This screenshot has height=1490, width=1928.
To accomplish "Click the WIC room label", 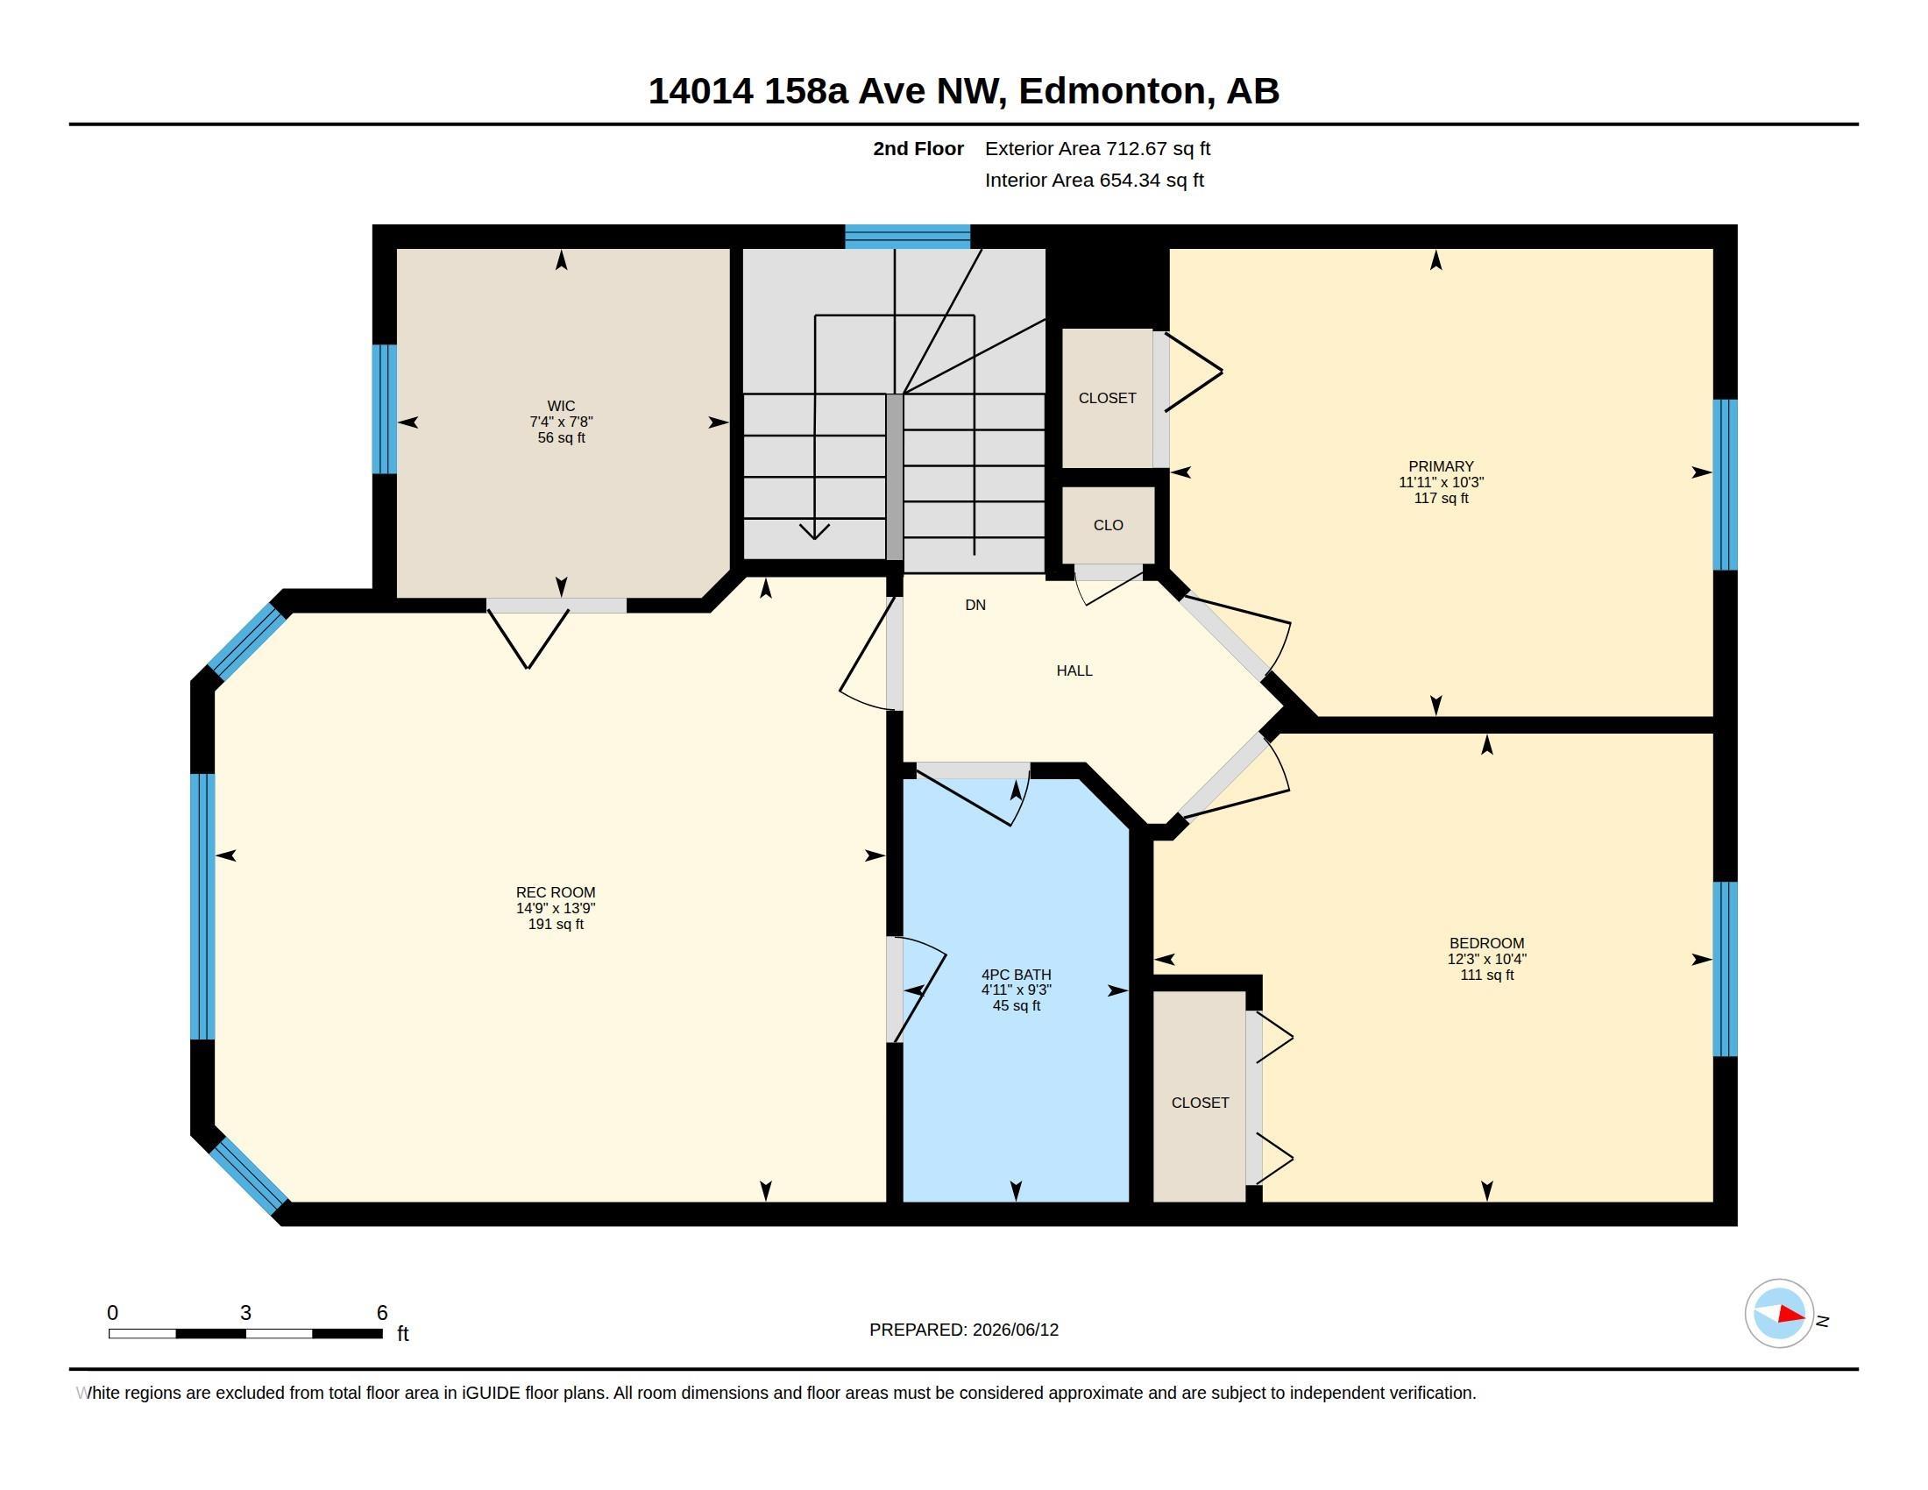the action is coord(562,406).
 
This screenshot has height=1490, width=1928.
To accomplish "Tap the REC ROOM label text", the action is coord(556,892).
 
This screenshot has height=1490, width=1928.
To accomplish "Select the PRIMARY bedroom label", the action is coord(1441,466).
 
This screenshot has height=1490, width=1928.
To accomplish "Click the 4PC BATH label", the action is coord(1016,975).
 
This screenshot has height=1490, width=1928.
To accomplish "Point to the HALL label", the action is coord(1074,670).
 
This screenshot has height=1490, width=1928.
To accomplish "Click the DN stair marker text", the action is coord(975,605).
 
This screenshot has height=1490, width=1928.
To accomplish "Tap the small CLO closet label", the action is coord(1108,525).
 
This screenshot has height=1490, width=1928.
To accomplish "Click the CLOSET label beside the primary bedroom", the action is coord(1107,398).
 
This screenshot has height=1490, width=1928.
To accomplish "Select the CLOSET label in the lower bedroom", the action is coord(1200,1103).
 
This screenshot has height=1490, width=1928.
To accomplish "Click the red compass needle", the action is coord(1791,1315).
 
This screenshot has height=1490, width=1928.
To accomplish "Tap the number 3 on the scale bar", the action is coord(245,1313).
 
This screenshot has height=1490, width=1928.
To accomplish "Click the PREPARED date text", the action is coord(964,1330).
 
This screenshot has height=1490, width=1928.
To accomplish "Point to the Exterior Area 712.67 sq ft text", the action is coord(1097,148).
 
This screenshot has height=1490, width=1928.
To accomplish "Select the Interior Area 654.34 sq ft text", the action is coord(1094,180).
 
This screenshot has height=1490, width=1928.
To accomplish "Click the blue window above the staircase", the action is coord(908,237).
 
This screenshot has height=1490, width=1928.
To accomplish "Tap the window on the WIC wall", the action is coord(384,408).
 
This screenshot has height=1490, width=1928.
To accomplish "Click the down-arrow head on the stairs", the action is coord(814,531).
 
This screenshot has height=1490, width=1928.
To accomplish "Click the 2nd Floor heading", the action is coord(918,148).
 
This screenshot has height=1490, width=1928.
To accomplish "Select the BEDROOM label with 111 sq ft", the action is coord(1486,943).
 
